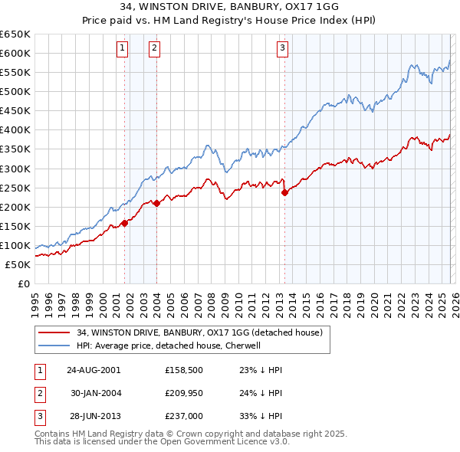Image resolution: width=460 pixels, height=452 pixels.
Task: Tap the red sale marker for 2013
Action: click(284, 192)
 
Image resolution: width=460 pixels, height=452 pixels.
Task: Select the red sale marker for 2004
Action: click(157, 203)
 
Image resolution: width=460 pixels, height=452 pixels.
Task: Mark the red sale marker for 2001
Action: click(124, 223)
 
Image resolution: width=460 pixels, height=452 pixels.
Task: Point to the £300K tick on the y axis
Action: click(15, 169)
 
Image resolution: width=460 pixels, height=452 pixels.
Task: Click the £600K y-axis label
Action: click(15, 53)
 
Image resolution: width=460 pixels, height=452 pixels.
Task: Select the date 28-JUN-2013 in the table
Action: click(94, 417)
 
